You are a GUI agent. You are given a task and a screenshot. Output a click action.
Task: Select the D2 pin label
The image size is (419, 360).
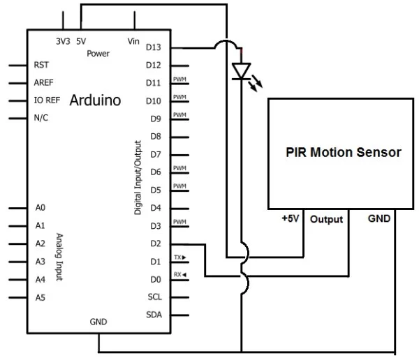click(x=155, y=243)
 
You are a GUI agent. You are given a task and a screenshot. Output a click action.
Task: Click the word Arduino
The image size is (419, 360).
click(x=95, y=100)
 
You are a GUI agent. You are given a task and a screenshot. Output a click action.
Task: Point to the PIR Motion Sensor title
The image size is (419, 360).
click(x=344, y=152)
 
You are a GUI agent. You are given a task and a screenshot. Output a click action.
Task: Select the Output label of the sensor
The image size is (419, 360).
click(x=327, y=219)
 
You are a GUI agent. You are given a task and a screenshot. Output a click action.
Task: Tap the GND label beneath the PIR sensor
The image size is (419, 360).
click(x=379, y=218)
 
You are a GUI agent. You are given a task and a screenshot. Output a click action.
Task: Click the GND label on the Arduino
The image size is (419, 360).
click(x=98, y=322)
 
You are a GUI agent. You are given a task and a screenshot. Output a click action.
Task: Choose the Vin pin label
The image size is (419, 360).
click(x=134, y=41)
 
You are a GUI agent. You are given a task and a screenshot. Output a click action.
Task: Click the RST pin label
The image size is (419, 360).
click(x=42, y=65)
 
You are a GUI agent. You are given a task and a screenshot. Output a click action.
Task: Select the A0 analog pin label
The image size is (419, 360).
click(x=41, y=208)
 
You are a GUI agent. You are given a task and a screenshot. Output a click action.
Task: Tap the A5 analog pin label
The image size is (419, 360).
click(x=41, y=297)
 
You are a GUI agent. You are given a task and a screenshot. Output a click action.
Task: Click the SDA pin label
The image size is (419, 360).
click(x=154, y=315)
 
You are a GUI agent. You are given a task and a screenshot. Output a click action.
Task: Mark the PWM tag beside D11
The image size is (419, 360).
click(x=179, y=80)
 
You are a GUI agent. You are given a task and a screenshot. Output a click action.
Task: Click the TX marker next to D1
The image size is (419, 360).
click(x=179, y=257)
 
